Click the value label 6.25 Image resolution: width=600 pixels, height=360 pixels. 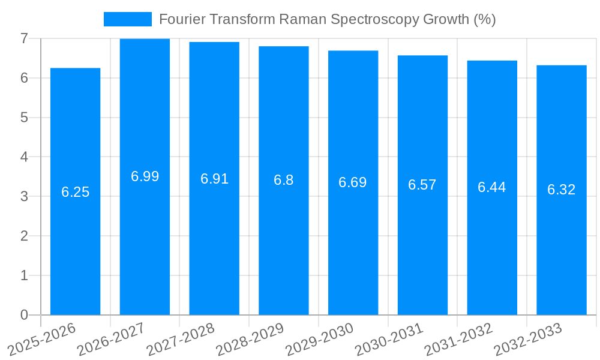75,192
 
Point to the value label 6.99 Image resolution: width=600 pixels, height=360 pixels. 145,176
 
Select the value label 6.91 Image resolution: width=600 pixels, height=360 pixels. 214,179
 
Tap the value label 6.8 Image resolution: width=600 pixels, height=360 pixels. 283,180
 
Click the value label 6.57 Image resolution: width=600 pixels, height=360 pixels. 422,185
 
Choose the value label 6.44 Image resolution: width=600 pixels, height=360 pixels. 492,187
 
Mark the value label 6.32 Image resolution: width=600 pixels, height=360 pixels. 562,190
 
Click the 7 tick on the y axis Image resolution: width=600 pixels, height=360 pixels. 24,38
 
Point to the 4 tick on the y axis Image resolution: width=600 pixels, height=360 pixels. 24,157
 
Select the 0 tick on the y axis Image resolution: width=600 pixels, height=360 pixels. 24,315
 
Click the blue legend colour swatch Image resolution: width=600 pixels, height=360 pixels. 127,19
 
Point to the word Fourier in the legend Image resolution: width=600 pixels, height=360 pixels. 179,19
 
